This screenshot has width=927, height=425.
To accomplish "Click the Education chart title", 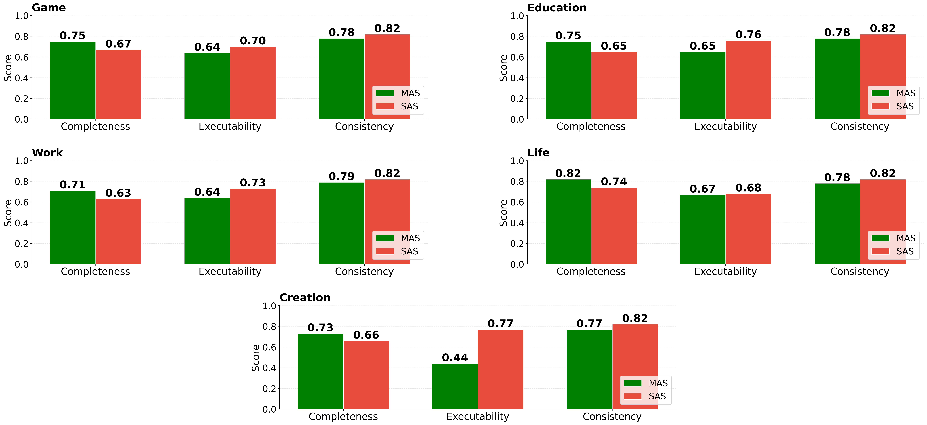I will pyautogui.click(x=557, y=8).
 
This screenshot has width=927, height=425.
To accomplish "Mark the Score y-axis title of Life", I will pyautogui.click(x=503, y=213).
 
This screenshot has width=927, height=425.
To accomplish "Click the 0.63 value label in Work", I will pyautogui.click(x=118, y=193).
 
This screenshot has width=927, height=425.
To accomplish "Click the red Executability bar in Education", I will pyautogui.click(x=748, y=80).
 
